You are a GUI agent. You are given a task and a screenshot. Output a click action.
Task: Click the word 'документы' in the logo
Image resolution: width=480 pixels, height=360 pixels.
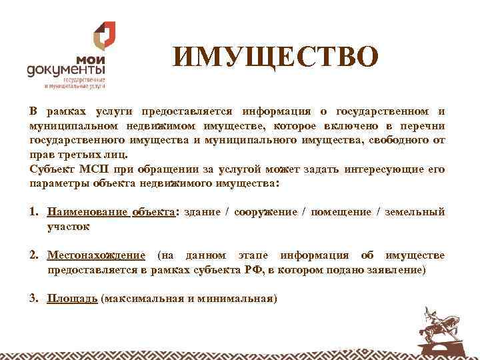coord(65,70)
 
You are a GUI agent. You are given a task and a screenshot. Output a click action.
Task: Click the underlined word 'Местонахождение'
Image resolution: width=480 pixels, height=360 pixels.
coord(96,255)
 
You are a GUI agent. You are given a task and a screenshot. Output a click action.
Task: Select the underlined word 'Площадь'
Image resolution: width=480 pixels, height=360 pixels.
coord(72,298)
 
